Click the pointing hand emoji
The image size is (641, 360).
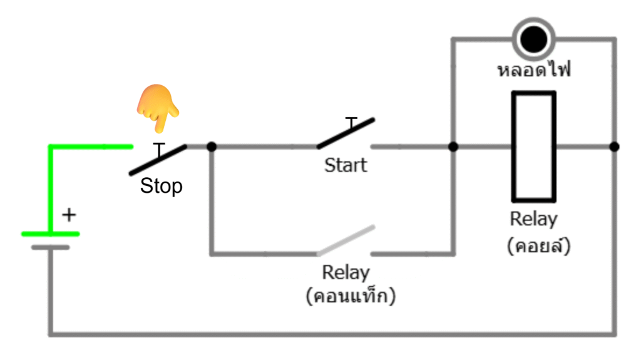tap(158, 108)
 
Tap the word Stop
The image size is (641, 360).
tap(162, 186)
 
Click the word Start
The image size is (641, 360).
tap(346, 166)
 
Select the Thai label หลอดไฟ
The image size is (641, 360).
tap(534, 69)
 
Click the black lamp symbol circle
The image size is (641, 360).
tap(533, 39)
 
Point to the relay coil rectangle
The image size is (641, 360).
tap(534, 147)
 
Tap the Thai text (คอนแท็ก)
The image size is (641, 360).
tap(351, 296)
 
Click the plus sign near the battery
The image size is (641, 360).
tap(69, 215)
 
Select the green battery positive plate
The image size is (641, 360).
tap(51, 234)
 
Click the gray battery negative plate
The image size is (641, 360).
tap(51, 247)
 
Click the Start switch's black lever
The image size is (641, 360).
tap(346, 133)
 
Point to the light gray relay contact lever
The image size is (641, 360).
tap(346, 240)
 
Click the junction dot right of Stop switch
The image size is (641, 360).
tap(212, 147)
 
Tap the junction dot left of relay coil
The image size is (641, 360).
tap(453, 147)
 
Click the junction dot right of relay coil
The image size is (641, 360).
tap(615, 147)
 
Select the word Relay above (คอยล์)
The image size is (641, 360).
tap(533, 220)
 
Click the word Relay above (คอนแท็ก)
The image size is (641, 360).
tap(346, 273)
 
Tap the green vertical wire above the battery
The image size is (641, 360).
tap(51, 188)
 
